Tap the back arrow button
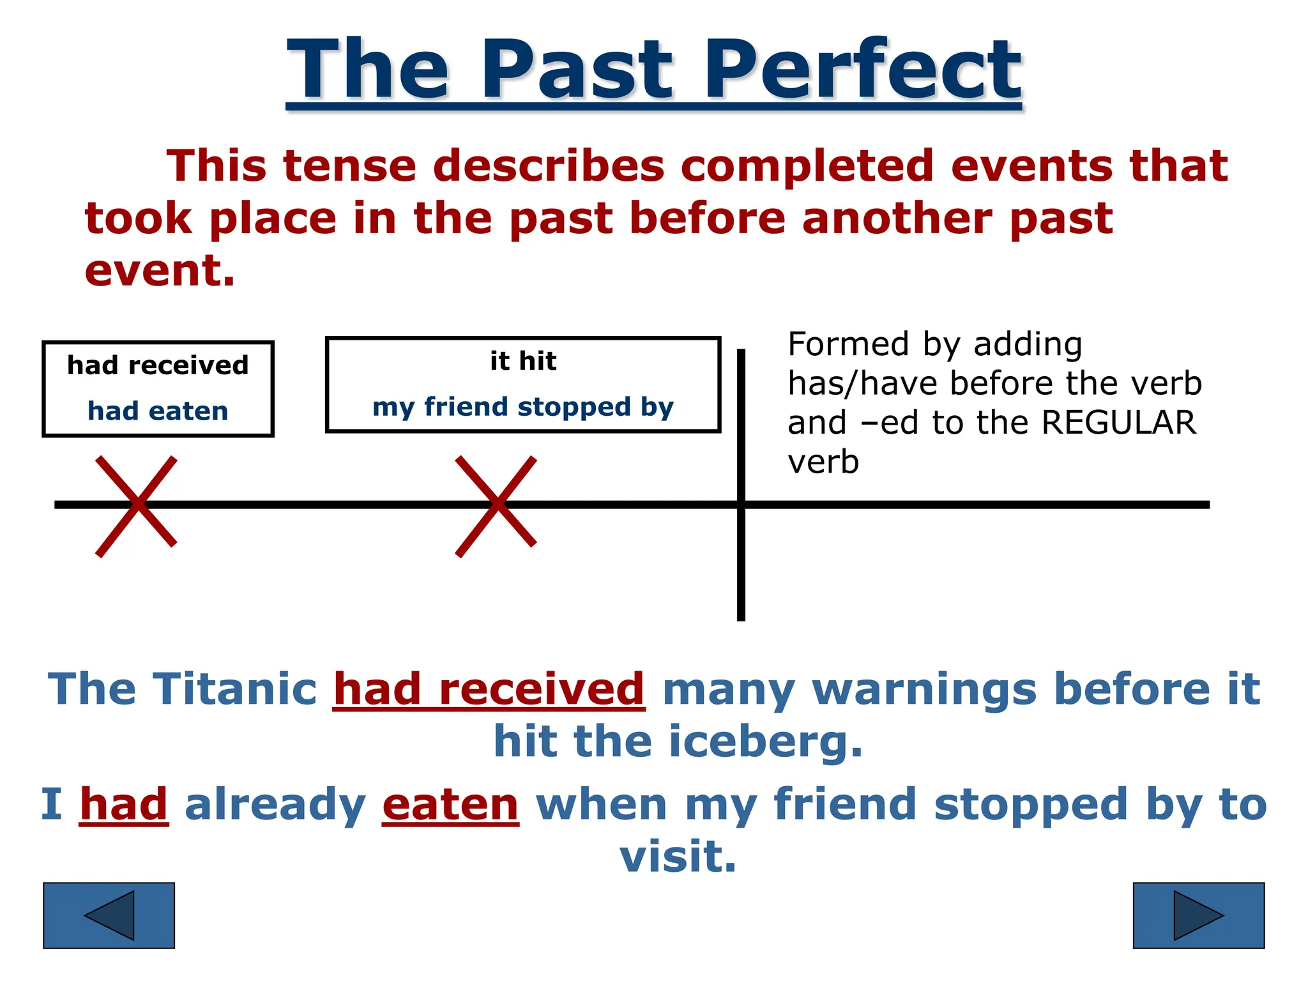click(109, 915)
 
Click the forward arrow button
click(1198, 915)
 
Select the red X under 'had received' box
click(137, 506)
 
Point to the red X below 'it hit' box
click(496, 506)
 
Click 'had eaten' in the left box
click(158, 411)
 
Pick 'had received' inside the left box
click(158, 365)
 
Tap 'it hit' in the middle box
click(523, 361)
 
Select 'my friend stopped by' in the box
click(523, 407)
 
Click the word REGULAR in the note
click(1118, 423)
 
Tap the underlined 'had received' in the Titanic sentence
click(489, 689)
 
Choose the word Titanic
click(234, 689)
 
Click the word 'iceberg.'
click(766, 741)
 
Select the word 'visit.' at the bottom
click(678, 856)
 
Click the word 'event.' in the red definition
click(160, 270)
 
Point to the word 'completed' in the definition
click(807, 166)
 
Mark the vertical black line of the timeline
click(741, 575)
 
